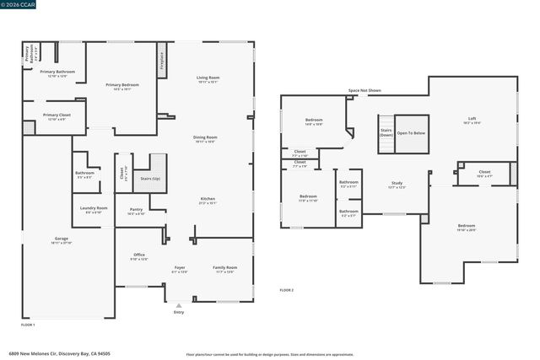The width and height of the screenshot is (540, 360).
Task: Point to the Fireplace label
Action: (161, 63)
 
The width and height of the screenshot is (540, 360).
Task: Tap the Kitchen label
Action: (208, 200)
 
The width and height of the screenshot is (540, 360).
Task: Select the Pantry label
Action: (136, 210)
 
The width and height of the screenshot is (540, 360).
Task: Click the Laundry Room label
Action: (94, 208)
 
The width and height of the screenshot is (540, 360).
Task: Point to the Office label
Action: (139, 255)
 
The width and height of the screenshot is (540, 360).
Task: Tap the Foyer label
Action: (180, 268)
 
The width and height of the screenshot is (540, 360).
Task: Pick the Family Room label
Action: (224, 268)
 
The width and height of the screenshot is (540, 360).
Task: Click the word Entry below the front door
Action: (178, 312)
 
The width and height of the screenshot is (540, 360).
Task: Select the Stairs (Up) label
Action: (150, 179)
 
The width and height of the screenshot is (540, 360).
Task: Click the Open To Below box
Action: (411, 133)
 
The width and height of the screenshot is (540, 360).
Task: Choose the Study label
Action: (397, 184)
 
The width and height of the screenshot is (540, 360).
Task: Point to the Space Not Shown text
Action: (364, 90)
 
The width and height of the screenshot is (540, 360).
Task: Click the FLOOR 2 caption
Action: (287, 289)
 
